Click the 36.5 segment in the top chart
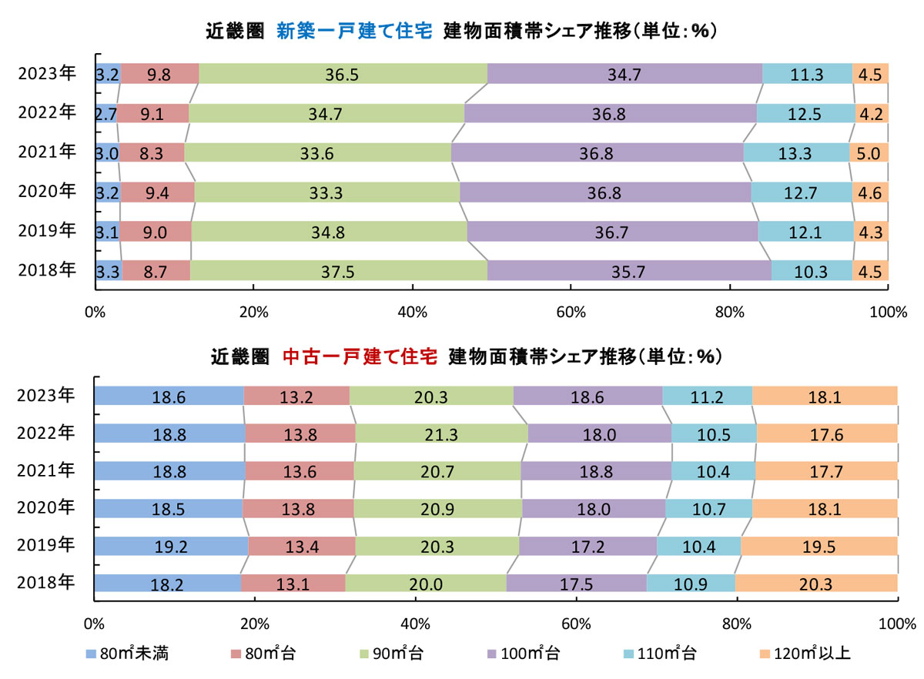click(x=343, y=75)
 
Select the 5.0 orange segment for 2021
click(x=869, y=152)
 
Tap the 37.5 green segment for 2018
click(x=338, y=271)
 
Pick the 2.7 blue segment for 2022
click(x=106, y=113)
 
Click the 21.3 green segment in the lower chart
click(x=441, y=433)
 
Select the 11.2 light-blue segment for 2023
click(x=707, y=396)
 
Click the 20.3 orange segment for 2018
click(x=816, y=584)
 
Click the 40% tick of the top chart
click(x=412, y=312)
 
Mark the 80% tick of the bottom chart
click(x=737, y=622)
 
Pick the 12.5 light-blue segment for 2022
click(x=805, y=113)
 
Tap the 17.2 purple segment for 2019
click(x=588, y=546)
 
